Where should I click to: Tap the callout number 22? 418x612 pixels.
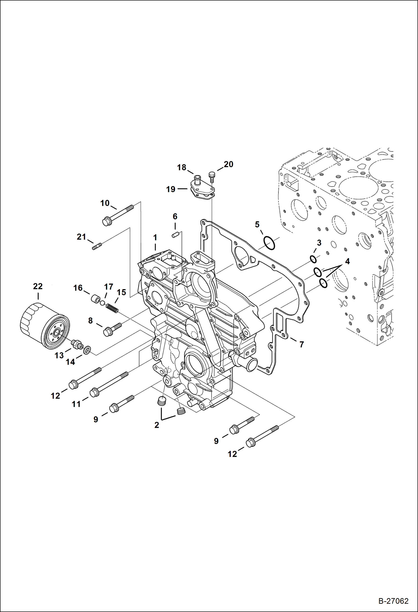pyautogui.click(x=38, y=286)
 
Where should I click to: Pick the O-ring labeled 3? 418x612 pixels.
pyautogui.click(x=313, y=259)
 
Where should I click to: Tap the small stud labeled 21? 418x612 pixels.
pyautogui.click(x=97, y=246)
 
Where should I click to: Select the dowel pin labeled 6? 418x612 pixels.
pyautogui.click(x=175, y=235)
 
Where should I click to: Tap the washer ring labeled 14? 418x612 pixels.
pyautogui.click(x=87, y=350)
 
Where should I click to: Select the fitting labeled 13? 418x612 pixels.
pyautogui.click(x=77, y=345)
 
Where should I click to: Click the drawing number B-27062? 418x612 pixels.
pyautogui.click(x=393, y=601)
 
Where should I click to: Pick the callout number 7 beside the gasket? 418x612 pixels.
pyautogui.click(x=302, y=345)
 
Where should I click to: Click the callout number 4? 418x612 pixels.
pyautogui.click(x=347, y=261)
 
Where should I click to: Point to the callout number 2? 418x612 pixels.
pyautogui.click(x=157, y=425)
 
